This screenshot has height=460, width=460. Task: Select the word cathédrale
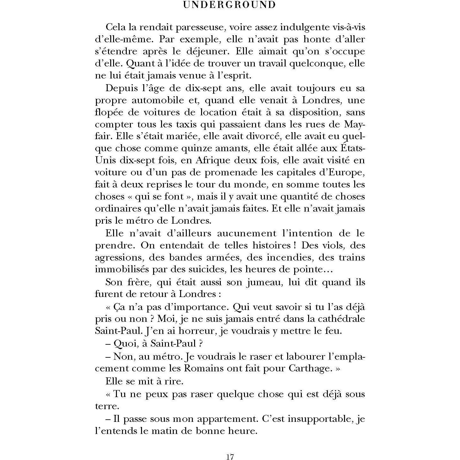[x=344, y=319]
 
